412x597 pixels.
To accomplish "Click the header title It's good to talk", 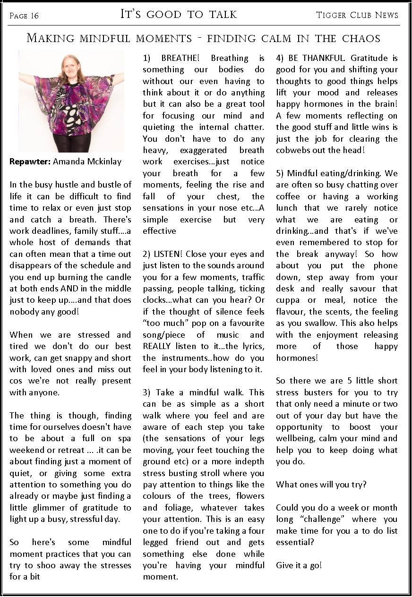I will point(179,15).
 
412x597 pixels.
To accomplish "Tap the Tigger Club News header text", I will point(357,15).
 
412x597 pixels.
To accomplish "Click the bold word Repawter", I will point(30,162).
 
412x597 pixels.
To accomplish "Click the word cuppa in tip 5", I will point(288,300).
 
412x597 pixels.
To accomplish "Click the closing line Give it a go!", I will point(299,565).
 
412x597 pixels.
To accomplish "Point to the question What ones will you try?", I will point(321,485).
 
